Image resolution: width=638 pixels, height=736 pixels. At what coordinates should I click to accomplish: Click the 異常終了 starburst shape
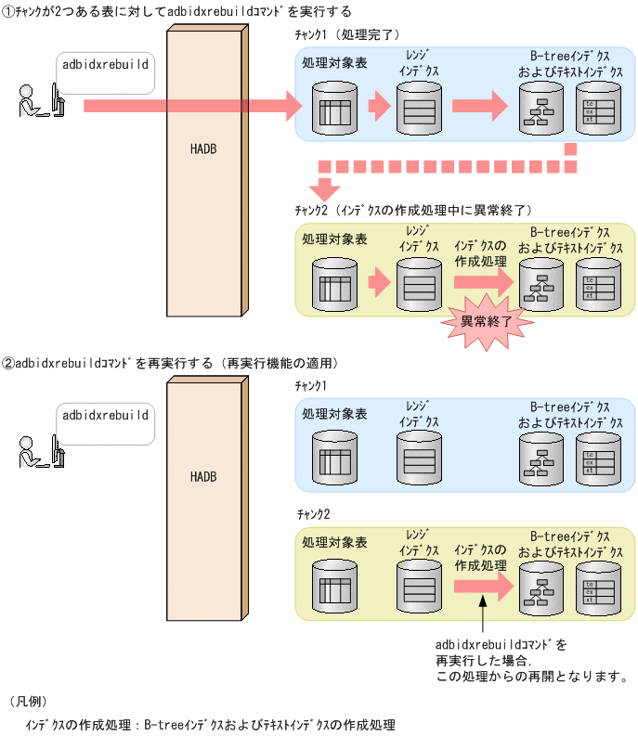pyautogui.click(x=485, y=322)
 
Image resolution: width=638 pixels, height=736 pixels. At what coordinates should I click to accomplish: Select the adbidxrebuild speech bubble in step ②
pyautogui.click(x=105, y=418)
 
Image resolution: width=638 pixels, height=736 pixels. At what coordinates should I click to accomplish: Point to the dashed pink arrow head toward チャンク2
pyautogui.click(x=324, y=188)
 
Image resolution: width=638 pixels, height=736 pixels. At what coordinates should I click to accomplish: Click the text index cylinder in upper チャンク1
pyautogui.click(x=595, y=110)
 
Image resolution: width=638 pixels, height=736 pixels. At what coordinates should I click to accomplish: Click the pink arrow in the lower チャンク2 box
pyautogui.click(x=483, y=587)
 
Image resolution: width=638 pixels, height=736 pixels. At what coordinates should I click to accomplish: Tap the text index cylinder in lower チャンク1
pyautogui.click(x=595, y=458)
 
